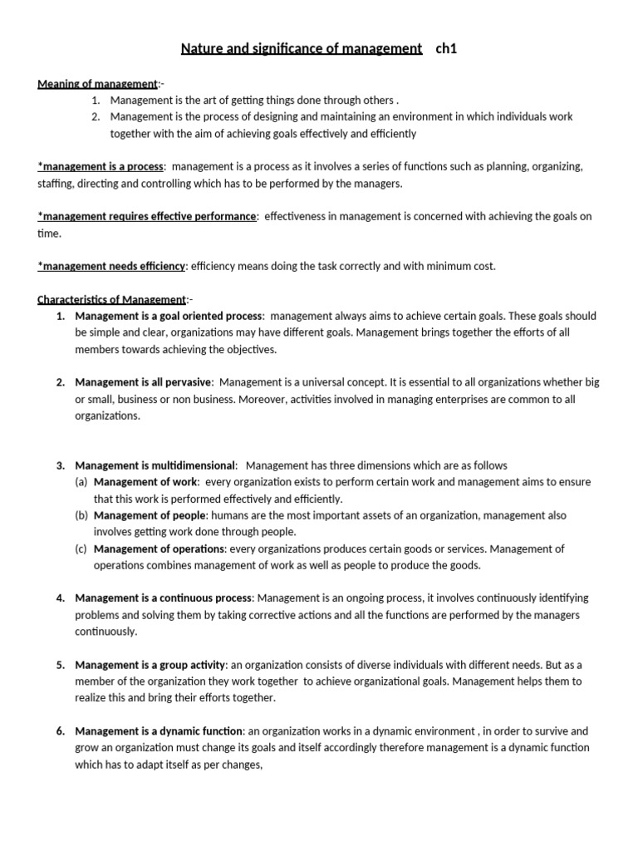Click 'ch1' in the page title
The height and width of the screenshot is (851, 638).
coord(446,49)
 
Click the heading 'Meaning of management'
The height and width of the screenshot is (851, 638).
coord(97,84)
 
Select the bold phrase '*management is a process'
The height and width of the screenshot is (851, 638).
coord(101,167)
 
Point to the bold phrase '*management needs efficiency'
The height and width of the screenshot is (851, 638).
coord(111,266)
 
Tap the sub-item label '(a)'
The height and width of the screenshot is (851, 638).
coord(81,482)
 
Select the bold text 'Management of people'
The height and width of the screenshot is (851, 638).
coord(150,515)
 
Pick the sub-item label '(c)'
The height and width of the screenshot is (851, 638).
coord(81,548)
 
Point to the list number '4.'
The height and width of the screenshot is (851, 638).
coord(61,598)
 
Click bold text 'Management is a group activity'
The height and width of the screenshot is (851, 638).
coord(150,665)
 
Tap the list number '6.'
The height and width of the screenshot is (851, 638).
coord(61,731)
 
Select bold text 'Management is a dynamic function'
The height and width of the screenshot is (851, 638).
coord(159,731)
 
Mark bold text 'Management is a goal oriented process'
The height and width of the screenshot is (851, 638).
coord(169,316)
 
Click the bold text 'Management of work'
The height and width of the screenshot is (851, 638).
coord(146,482)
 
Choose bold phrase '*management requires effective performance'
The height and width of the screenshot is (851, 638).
coord(147,217)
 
